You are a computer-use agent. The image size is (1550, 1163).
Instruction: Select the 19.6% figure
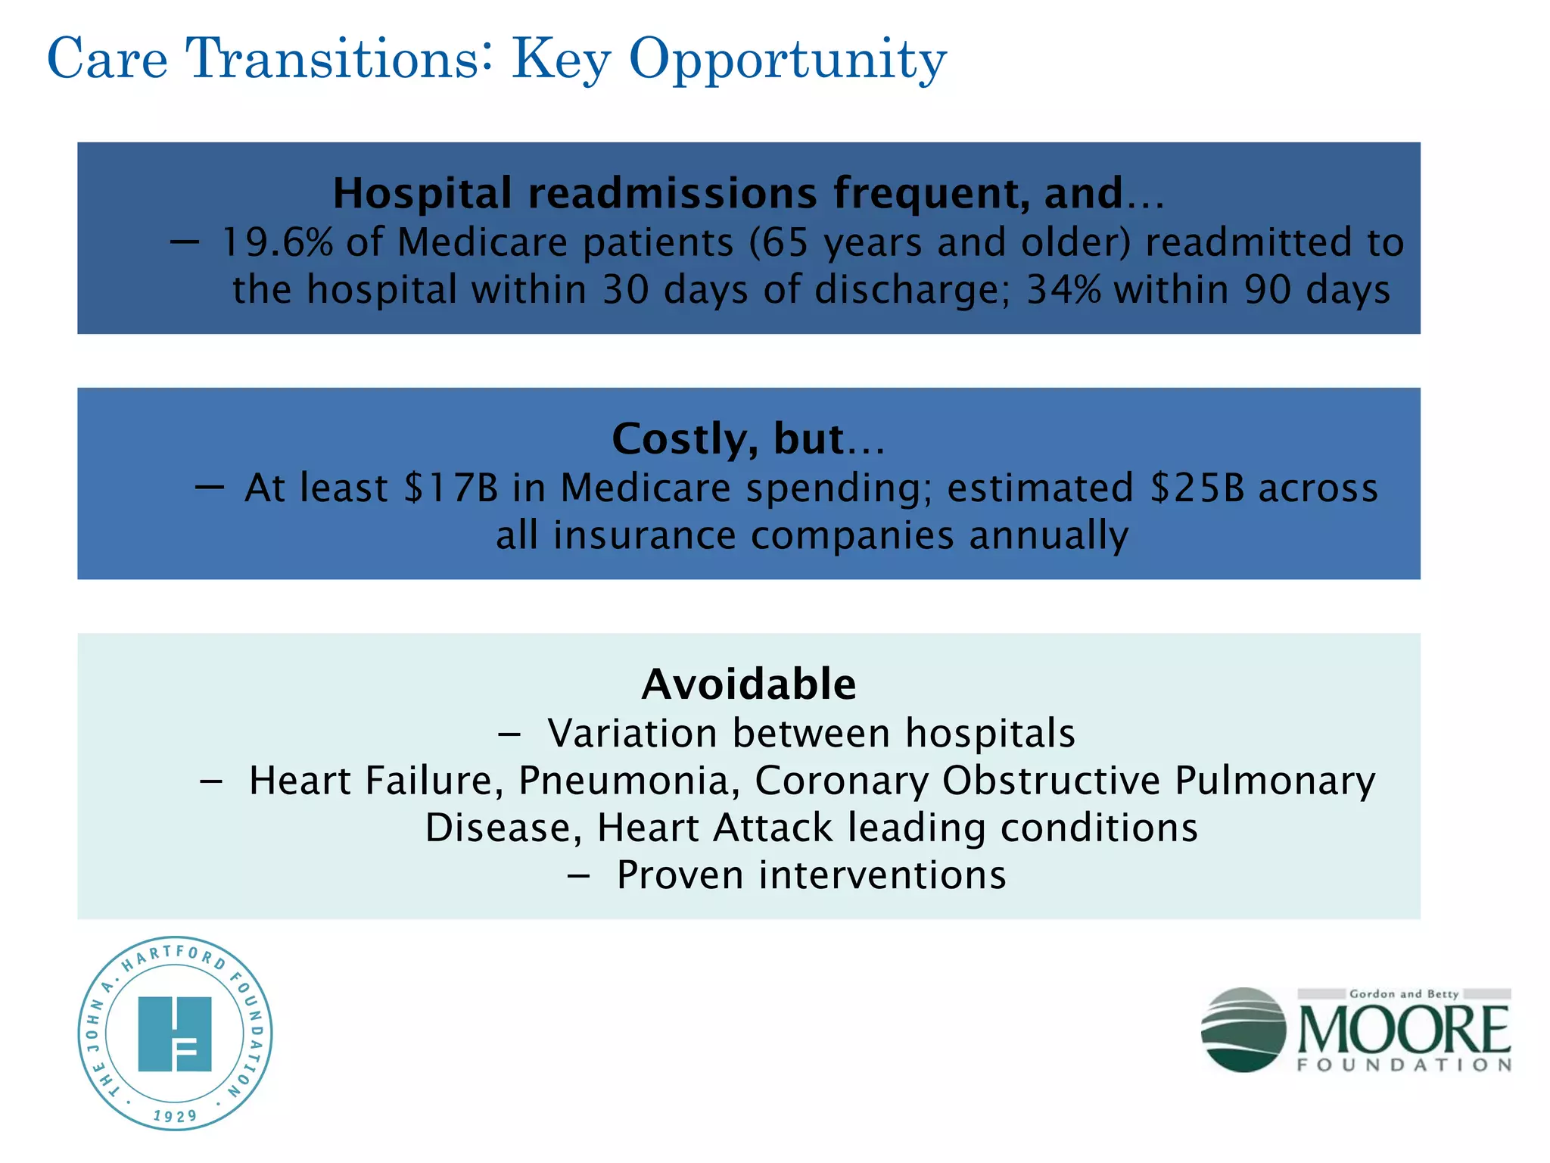(x=277, y=243)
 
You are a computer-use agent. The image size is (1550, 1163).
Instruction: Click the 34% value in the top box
(x=1063, y=290)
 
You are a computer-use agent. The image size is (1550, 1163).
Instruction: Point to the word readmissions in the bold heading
(x=672, y=193)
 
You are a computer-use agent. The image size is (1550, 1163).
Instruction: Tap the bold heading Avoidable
(x=749, y=684)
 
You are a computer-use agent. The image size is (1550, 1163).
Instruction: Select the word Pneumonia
(x=629, y=781)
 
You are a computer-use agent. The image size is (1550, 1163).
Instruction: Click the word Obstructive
(x=1051, y=781)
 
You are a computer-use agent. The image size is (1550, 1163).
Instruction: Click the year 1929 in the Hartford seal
(x=175, y=1116)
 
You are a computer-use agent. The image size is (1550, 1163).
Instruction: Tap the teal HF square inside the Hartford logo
(x=175, y=1034)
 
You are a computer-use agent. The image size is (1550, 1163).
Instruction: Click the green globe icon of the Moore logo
(x=1243, y=1030)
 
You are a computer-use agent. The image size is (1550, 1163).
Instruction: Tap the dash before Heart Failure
(x=211, y=781)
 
